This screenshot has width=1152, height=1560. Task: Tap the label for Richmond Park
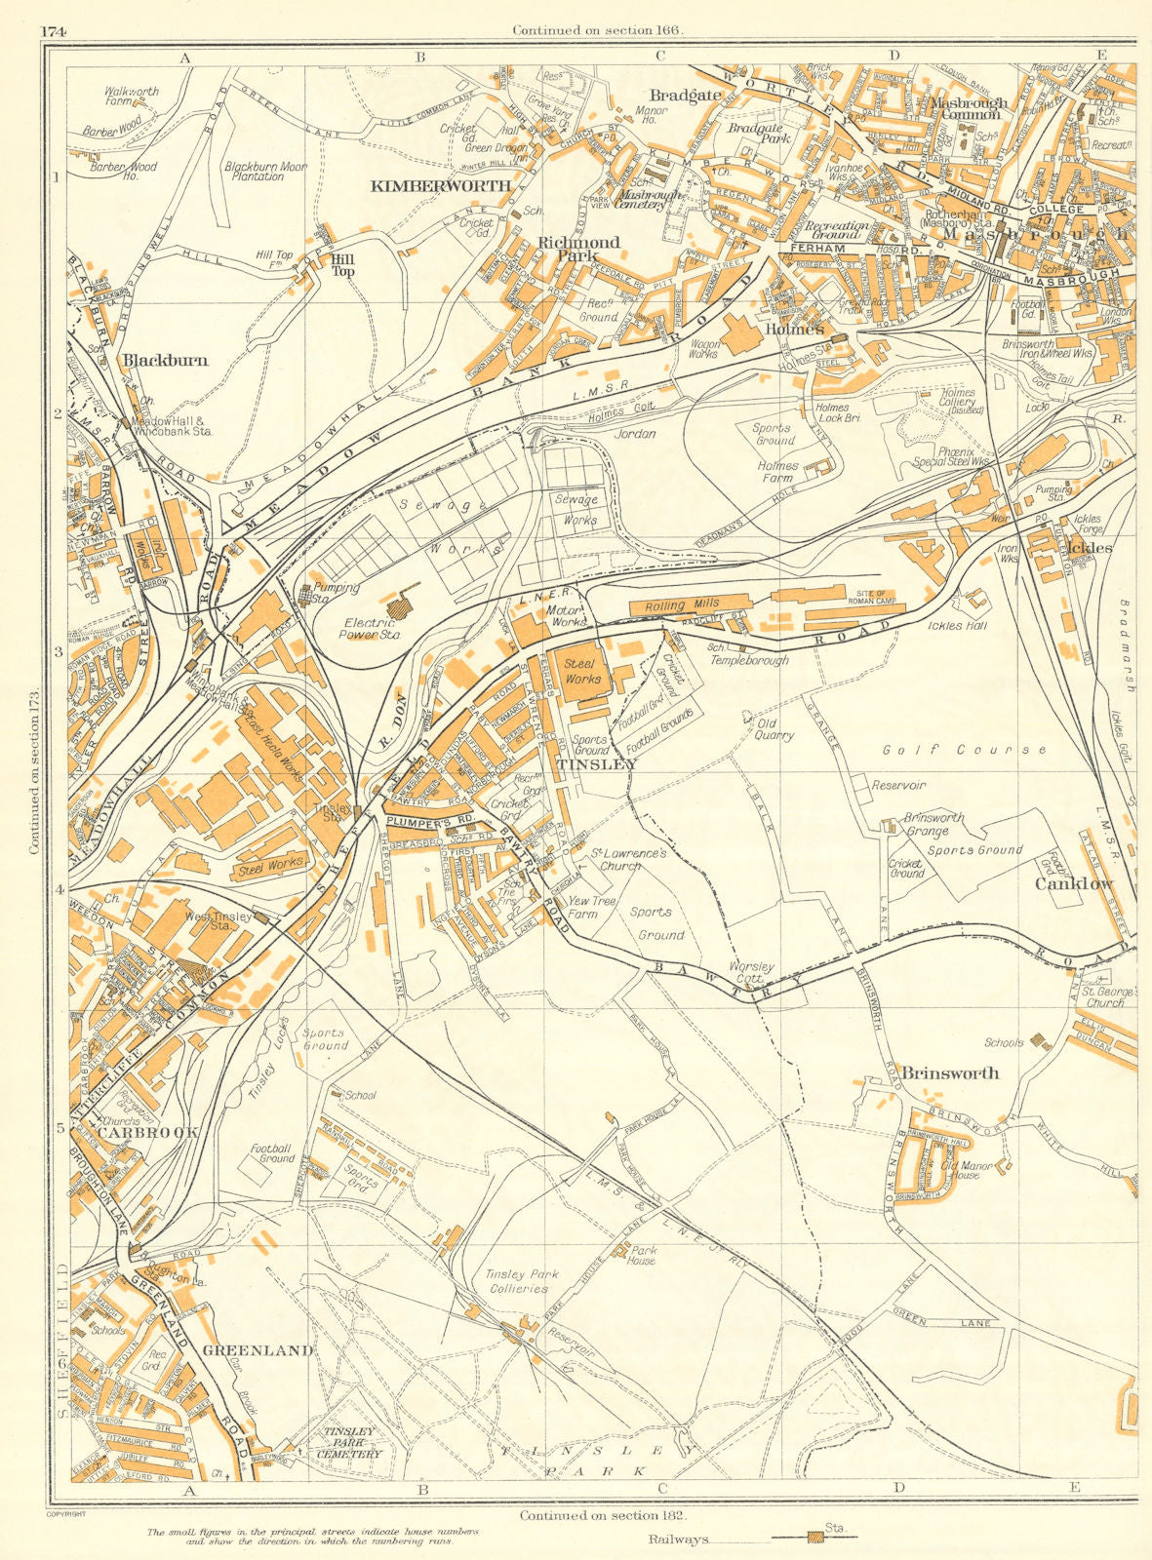[578, 249]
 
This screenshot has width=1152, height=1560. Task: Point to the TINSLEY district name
[596, 765]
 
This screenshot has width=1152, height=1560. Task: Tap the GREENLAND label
[258, 1350]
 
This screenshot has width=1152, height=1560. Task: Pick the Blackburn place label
[165, 360]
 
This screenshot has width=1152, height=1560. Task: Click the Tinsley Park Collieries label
[518, 1281]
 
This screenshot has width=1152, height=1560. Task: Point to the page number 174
[53, 30]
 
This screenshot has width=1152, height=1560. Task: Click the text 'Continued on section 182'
[603, 1516]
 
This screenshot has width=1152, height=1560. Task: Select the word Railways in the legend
[677, 1540]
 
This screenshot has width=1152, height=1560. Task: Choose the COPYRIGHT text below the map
[65, 1514]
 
